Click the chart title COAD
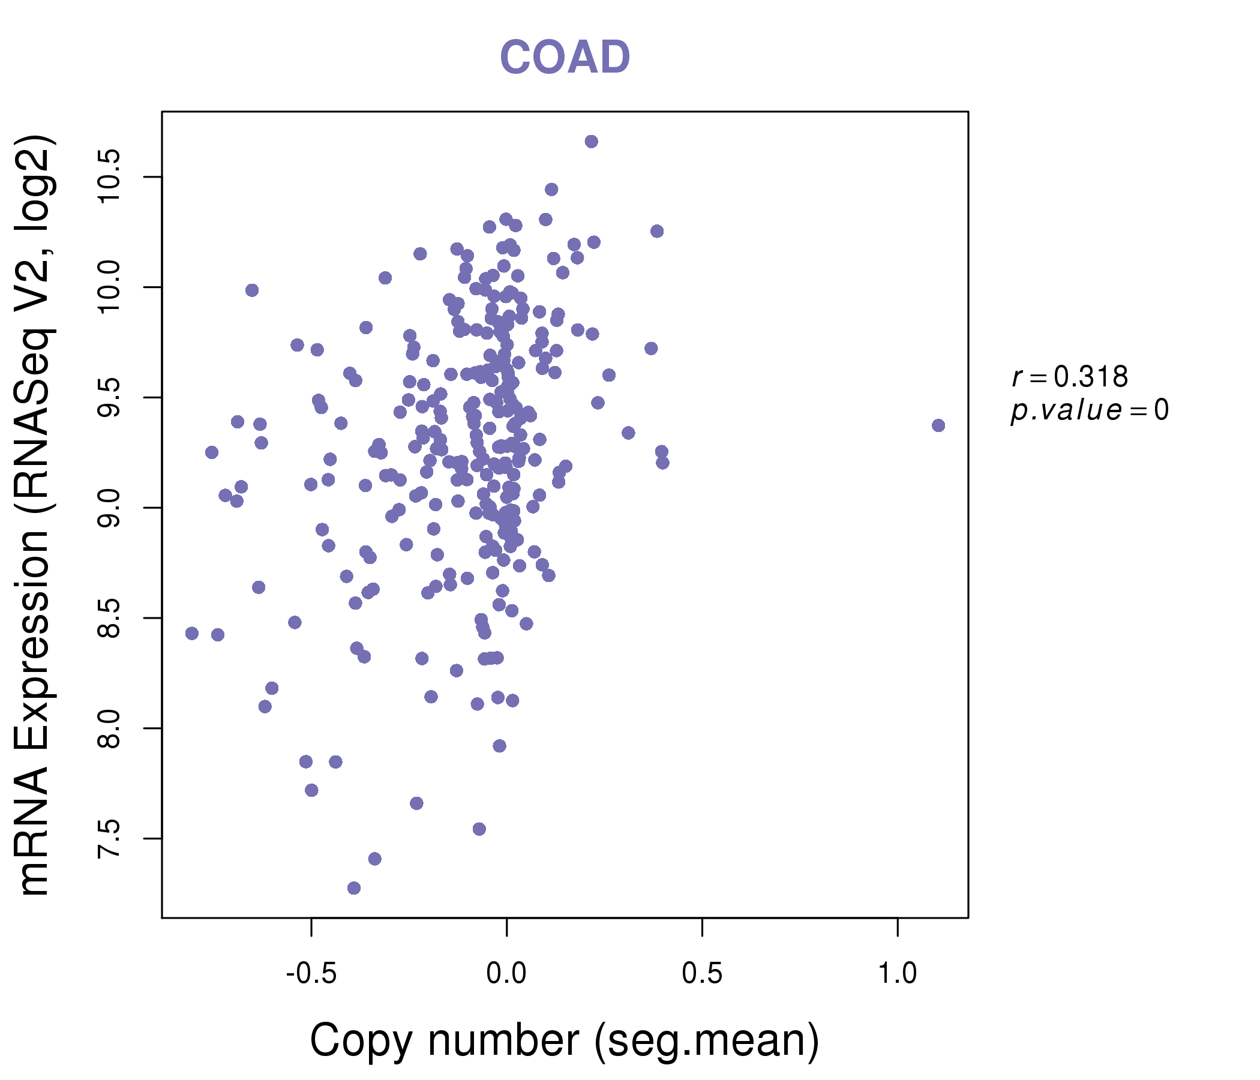565,57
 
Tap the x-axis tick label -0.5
311,974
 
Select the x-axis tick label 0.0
506,974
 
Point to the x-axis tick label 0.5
703,974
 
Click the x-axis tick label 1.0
898,974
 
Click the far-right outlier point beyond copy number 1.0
938,425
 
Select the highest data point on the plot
591,142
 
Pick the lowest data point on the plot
354,889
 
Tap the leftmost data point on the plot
192,634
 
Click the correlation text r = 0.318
1070,377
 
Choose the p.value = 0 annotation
1090,411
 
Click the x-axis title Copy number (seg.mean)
565,1041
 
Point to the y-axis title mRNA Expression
35,517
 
